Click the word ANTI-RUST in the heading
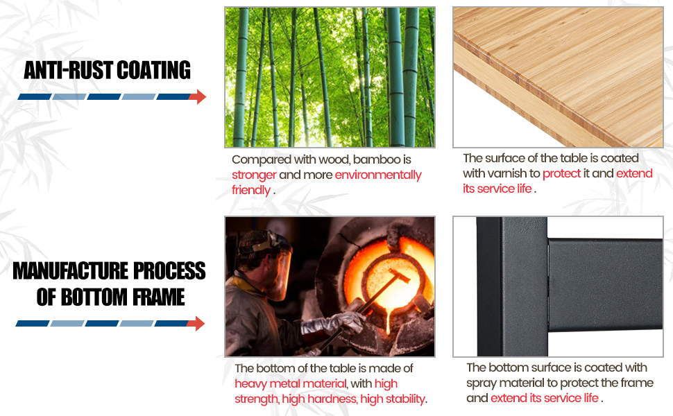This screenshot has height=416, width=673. point(68,70)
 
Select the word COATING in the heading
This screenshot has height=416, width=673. point(153,70)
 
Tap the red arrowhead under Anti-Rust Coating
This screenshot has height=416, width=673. point(198,97)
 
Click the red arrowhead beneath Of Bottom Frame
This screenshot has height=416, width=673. point(196,323)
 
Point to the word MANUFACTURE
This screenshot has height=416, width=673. point(70,271)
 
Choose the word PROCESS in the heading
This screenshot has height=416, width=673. point(169,271)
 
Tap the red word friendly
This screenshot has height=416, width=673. point(251,191)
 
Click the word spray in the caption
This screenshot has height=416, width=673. point(481,383)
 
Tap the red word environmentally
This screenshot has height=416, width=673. point(378,175)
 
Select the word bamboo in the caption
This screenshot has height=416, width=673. point(377,160)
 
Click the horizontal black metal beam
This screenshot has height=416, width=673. point(605,285)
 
